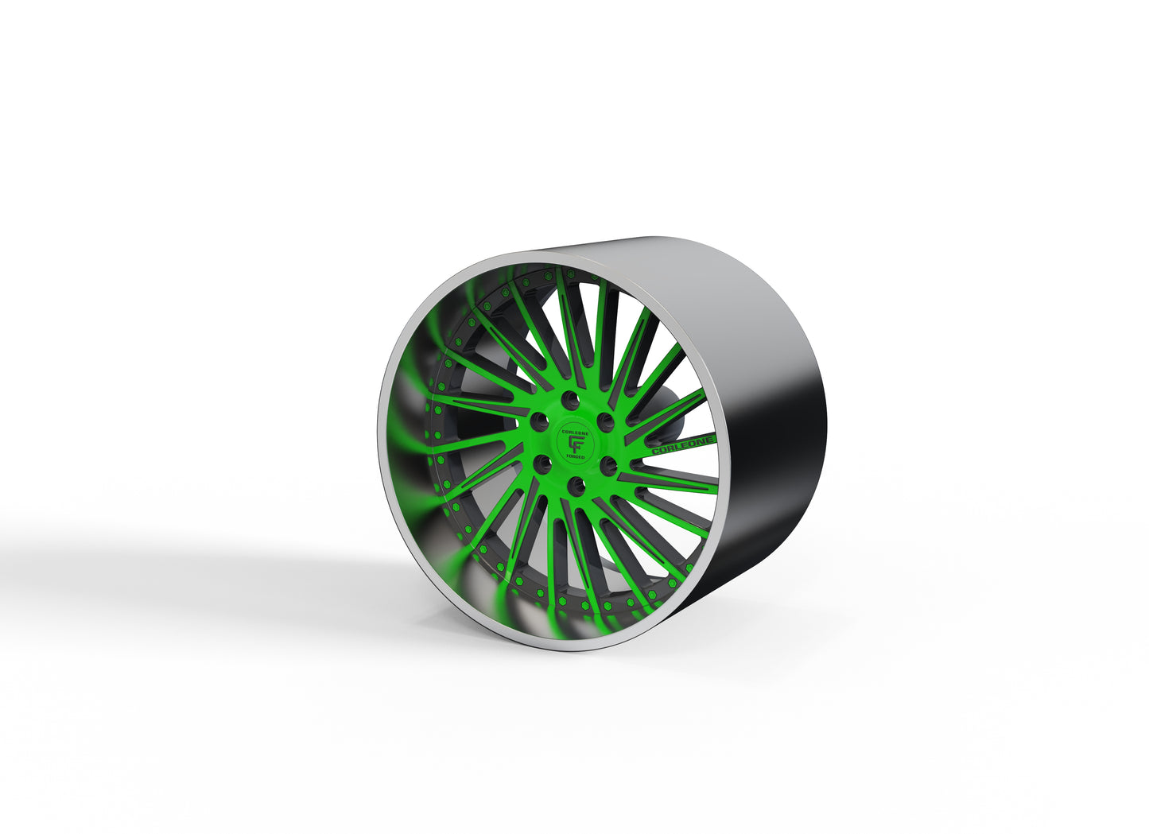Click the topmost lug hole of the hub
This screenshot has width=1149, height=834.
570,398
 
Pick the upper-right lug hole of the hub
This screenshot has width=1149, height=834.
606,419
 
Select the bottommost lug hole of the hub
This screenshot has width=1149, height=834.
578,483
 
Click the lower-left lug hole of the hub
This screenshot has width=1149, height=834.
543,461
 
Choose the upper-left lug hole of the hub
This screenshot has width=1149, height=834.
539,418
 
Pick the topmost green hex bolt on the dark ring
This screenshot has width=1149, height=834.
559,272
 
